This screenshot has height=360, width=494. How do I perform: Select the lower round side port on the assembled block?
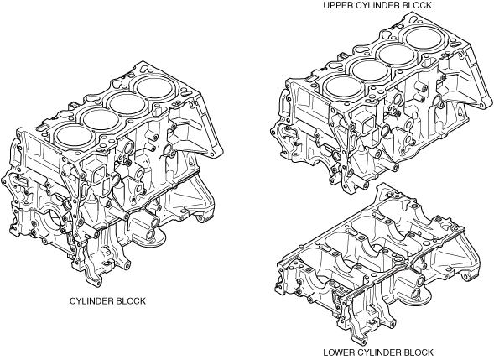coord(151,234)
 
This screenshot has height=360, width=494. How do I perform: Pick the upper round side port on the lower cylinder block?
coord(419,281)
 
